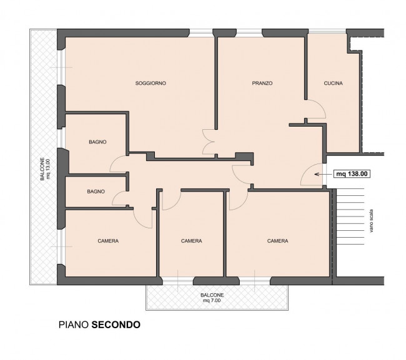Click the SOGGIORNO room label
[151, 83]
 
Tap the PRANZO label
[262, 83]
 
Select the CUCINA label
[334, 83]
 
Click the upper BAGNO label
[97, 142]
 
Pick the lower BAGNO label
[96, 192]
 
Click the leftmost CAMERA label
[108, 241]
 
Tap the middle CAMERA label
[191, 241]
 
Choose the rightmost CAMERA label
[277, 241]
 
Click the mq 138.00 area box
[352, 174]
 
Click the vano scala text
[372, 221]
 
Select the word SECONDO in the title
[116, 324]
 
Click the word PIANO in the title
[74, 324]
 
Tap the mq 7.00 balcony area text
[212, 301]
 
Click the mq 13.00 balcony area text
[47, 169]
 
